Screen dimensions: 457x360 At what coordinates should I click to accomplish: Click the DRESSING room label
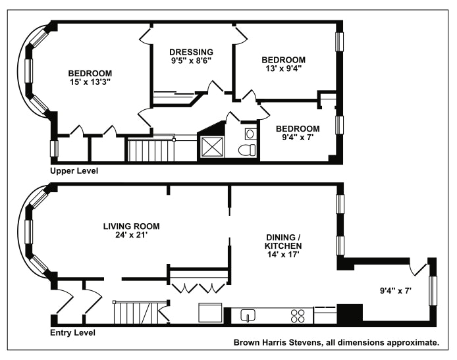191,52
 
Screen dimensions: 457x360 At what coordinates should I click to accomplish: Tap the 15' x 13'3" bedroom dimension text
90,82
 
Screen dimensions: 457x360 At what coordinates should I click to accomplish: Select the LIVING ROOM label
131,226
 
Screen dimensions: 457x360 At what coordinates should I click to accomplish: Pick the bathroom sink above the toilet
250,134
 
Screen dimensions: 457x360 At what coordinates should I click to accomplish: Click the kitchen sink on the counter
248,315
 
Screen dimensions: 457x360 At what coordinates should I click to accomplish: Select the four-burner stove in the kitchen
298,315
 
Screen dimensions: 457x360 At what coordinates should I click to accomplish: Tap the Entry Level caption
72,333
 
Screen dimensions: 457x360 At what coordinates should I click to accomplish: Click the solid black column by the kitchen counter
350,313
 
